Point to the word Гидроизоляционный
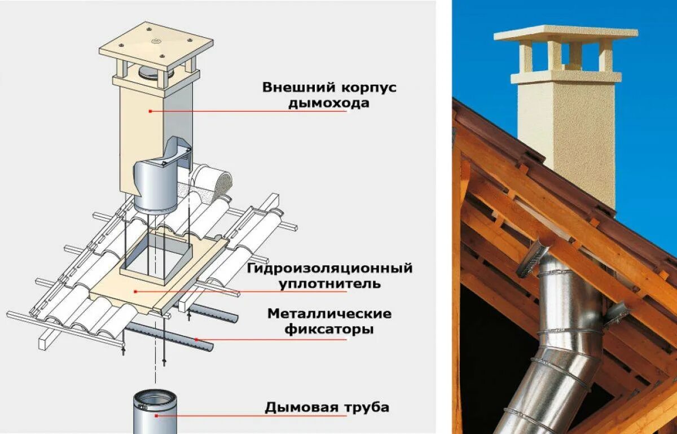(329, 268)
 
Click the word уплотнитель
(329, 283)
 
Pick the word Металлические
(329, 313)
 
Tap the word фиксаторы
(329, 329)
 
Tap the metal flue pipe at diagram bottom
(154, 412)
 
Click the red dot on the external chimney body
(151, 111)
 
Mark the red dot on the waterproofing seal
(136, 291)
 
